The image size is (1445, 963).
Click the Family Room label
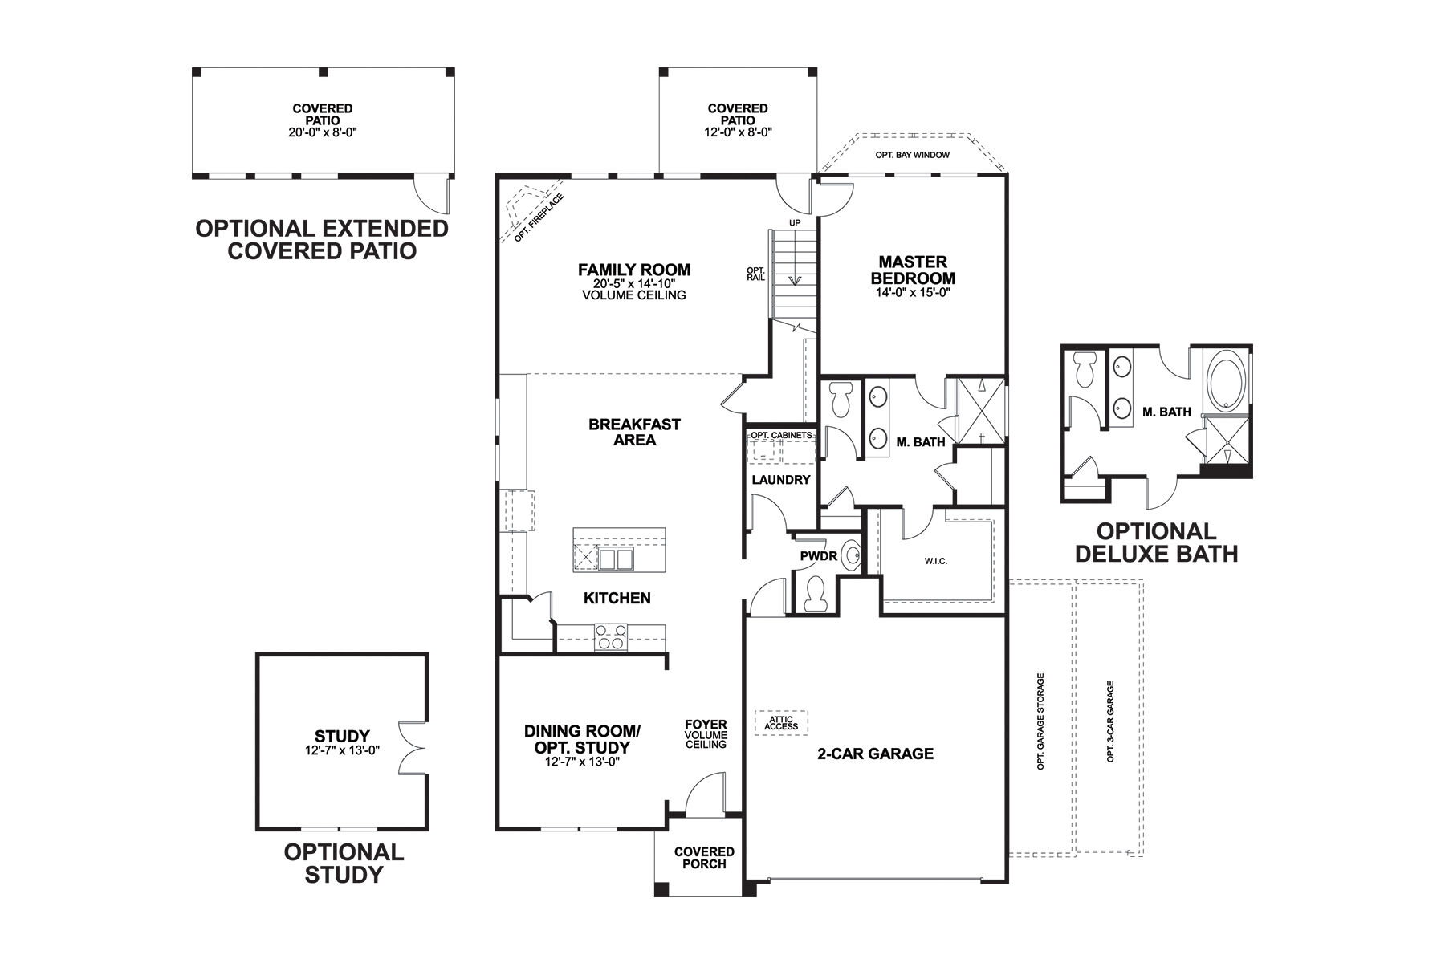click(x=634, y=270)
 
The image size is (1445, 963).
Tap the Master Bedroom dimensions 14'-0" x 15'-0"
click(x=914, y=293)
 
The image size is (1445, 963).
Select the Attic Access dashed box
click(x=781, y=723)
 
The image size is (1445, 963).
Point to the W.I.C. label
click(x=936, y=561)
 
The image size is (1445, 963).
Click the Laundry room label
click(x=781, y=480)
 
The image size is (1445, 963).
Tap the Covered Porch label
click(x=704, y=858)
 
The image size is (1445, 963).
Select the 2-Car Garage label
click(x=875, y=754)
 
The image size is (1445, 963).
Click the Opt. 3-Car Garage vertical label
click(x=1111, y=721)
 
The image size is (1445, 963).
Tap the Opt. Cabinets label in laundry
click(x=781, y=435)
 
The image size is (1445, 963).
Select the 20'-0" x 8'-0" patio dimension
click(x=322, y=132)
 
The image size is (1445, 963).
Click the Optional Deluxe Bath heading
click(x=1156, y=542)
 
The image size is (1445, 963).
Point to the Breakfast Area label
click(x=634, y=432)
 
